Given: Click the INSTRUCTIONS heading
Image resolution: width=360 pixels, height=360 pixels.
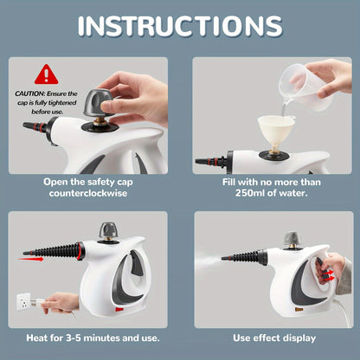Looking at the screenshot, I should click(x=179, y=26).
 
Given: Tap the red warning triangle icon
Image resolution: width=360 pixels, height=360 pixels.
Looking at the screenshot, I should click(x=46, y=74).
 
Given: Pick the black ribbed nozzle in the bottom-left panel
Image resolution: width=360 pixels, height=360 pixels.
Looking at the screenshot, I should click(x=56, y=251).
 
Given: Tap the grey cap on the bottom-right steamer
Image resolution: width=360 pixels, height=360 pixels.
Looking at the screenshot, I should click(x=293, y=237).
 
